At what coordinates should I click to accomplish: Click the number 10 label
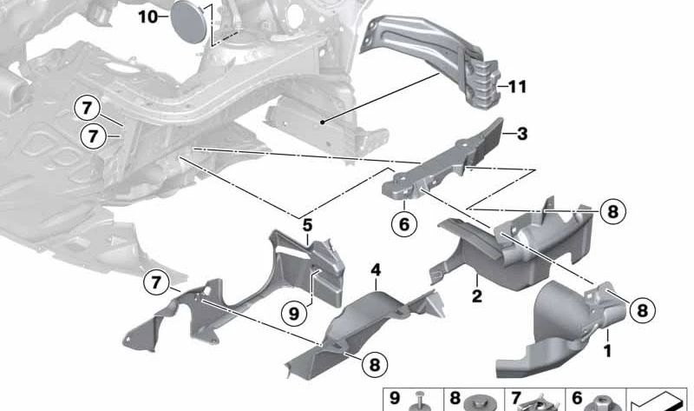pos(147,17)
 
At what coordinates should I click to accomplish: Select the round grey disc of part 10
pos(188,22)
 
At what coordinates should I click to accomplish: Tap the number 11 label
pos(517,87)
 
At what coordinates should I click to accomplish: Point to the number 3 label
pos(522,134)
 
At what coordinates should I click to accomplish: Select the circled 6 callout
pos(404,224)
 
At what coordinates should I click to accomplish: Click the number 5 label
pos(307,225)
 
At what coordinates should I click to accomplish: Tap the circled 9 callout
pos(294,314)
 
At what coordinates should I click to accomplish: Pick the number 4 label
pos(376,270)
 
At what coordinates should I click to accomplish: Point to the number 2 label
pos(476,295)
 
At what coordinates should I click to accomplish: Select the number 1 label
pos(608,351)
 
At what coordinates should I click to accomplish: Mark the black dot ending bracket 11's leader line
pos(324,122)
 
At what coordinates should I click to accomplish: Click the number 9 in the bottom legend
pos(395,398)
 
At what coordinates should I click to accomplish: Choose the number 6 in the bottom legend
pos(577,398)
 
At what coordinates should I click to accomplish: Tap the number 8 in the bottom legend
pos(455,398)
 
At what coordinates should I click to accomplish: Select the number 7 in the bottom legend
pos(515,398)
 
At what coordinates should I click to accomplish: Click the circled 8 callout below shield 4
pos(375,364)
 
